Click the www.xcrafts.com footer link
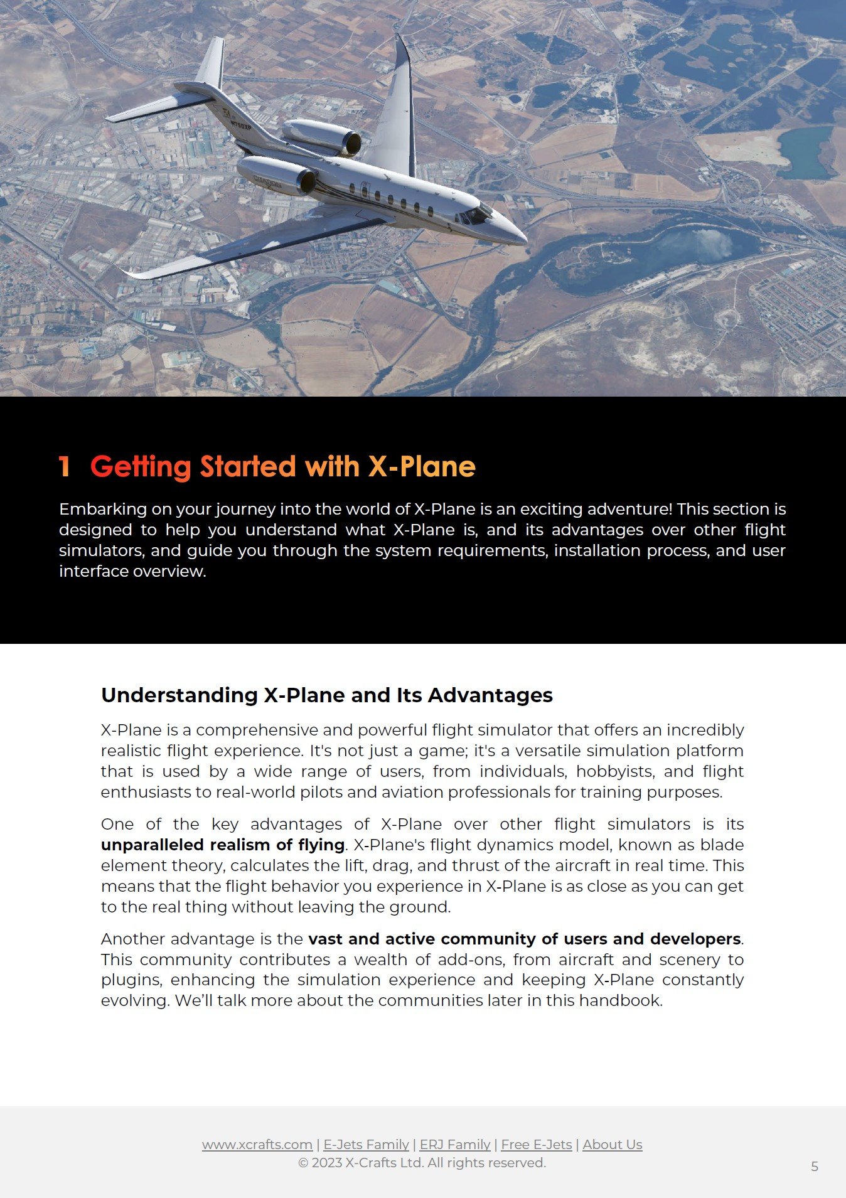[x=257, y=1144]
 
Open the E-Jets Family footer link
[x=366, y=1144]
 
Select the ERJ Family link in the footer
[x=455, y=1144]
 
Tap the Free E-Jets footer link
[x=536, y=1144]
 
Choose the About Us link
[x=612, y=1144]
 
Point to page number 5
[x=815, y=1166]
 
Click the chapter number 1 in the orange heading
[x=64, y=467]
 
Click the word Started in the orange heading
[x=247, y=467]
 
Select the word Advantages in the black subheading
[x=490, y=695]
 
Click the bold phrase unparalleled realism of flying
[x=223, y=845]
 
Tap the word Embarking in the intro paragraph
[x=103, y=509]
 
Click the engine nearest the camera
[x=276, y=174]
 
